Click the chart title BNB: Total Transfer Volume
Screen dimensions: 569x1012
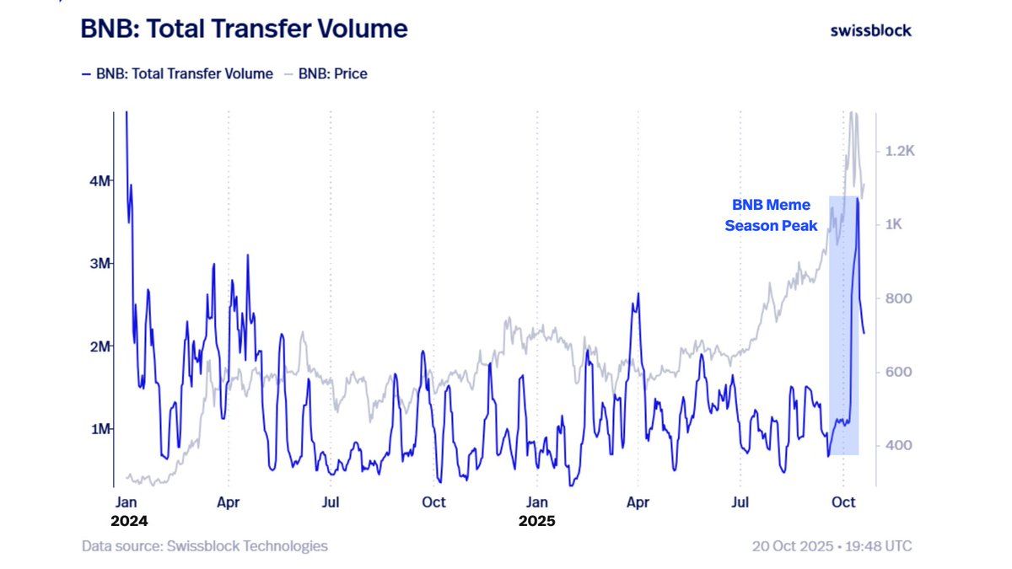(244, 30)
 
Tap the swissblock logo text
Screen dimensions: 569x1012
(870, 30)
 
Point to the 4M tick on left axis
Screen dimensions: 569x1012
(100, 180)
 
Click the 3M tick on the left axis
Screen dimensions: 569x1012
(100, 263)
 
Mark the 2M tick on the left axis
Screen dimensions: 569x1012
(100, 346)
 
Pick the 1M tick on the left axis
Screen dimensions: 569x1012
(100, 429)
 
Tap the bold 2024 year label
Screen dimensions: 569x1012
(129, 521)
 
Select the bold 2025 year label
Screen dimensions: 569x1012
(536, 521)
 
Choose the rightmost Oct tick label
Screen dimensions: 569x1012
(843, 502)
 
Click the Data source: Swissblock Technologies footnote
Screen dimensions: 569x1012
(204, 546)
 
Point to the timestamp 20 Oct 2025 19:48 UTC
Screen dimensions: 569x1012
(832, 546)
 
